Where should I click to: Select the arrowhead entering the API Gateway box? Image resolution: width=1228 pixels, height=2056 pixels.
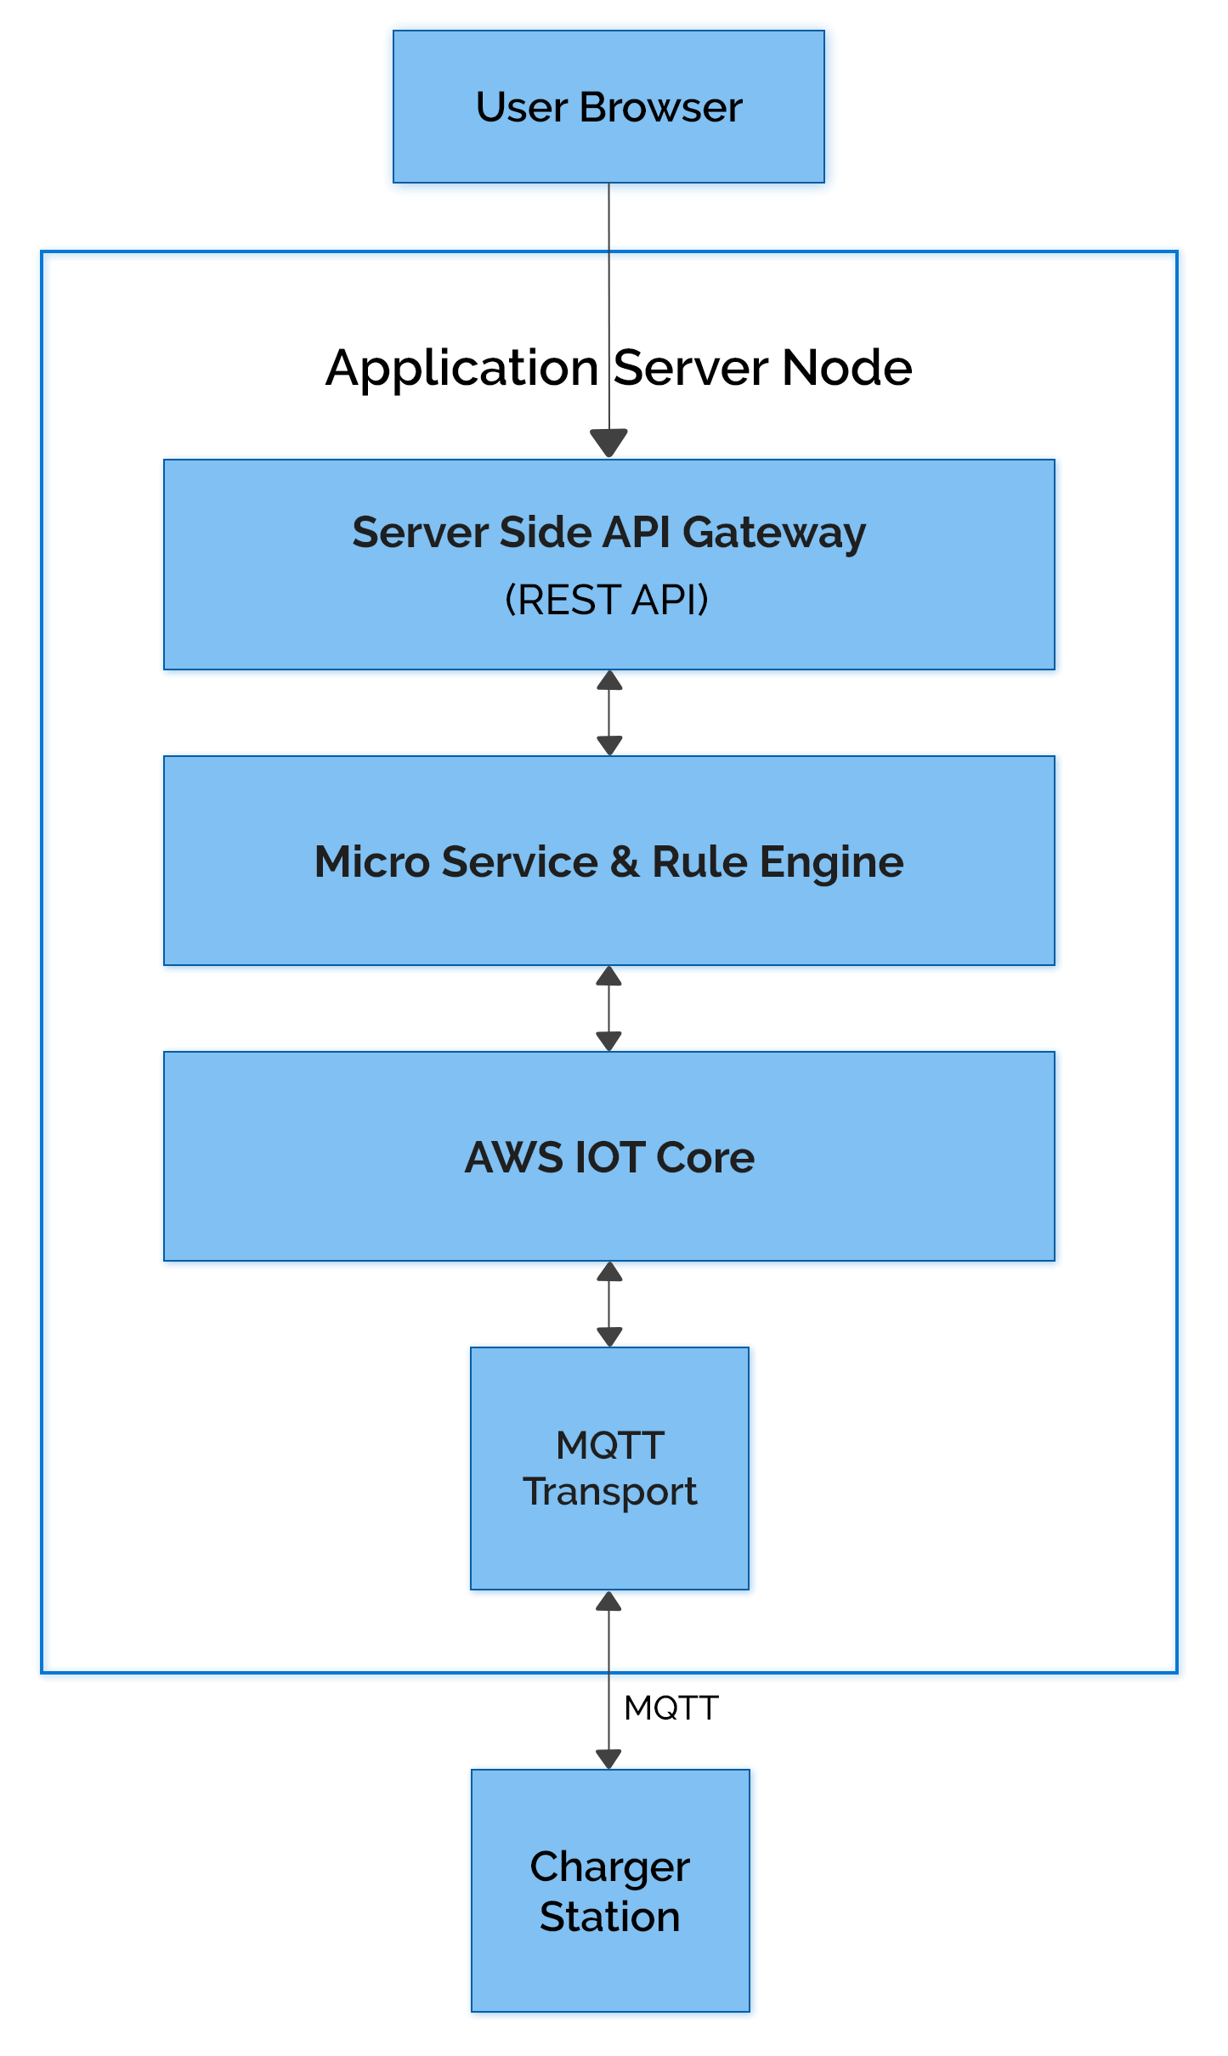pos(608,442)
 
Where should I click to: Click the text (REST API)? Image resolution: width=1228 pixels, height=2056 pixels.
pos(607,600)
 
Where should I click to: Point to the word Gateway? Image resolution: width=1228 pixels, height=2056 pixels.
pos(773,534)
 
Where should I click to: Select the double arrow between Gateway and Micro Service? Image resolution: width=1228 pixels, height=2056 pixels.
pos(608,714)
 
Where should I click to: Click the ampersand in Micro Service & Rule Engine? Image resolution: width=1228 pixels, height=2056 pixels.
pos(625,862)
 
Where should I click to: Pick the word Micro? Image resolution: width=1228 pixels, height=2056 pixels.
pos(371,862)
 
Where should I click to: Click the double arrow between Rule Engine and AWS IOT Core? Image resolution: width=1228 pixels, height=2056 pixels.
pos(608,1009)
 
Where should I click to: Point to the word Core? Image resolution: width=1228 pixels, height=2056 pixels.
pos(705,1158)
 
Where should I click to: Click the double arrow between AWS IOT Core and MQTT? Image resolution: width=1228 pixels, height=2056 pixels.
pos(608,1305)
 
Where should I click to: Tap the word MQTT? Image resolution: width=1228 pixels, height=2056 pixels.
pos(609,1445)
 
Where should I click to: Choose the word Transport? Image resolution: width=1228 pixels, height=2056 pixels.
pos(609,1493)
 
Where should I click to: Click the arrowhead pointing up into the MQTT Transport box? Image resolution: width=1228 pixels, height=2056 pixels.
pos(608,1602)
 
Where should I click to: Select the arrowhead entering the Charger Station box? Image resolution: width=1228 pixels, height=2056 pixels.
pos(608,1758)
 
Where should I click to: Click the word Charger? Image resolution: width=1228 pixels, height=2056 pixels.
pos(609,1867)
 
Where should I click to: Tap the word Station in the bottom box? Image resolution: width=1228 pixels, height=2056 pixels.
pos(609,1918)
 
